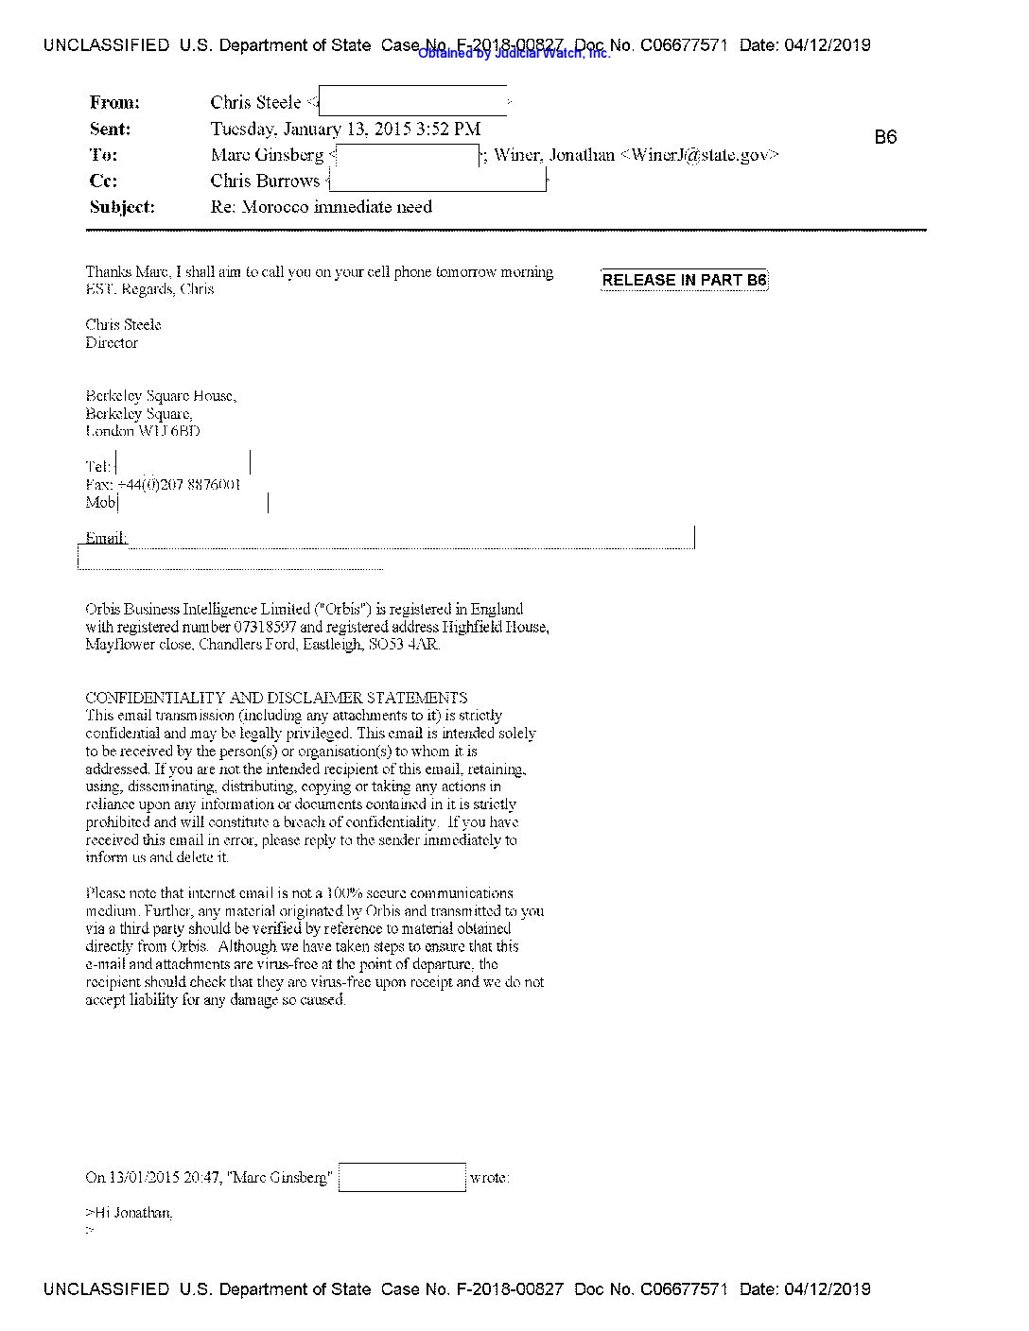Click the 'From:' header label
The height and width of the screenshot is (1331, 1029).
(x=114, y=103)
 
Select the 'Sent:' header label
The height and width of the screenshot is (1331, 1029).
(x=111, y=130)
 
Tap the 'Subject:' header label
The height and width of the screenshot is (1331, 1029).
(x=122, y=207)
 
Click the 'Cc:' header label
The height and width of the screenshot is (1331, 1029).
(x=103, y=181)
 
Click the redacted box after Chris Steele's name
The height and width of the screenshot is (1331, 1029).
(x=412, y=101)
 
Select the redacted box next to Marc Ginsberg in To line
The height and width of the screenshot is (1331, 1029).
(x=408, y=156)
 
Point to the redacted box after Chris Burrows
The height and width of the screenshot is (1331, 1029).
(x=437, y=180)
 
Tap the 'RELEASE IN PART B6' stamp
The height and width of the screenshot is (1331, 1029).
(x=684, y=280)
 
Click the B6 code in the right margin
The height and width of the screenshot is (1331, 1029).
(x=885, y=138)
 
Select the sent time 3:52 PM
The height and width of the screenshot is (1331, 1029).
(x=448, y=130)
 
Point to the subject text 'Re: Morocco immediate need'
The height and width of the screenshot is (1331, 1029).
(x=322, y=207)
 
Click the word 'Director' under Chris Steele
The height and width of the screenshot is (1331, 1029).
(x=112, y=343)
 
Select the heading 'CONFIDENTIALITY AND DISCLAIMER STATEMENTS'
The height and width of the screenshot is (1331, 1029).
(x=276, y=699)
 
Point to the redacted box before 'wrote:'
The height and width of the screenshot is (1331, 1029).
(x=402, y=1178)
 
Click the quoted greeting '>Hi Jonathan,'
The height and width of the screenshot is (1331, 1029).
(x=129, y=1213)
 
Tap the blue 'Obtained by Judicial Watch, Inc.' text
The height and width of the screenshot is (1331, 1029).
(x=514, y=54)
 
